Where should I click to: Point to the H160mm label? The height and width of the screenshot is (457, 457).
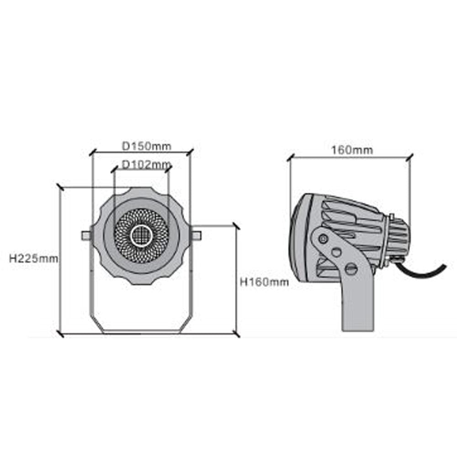pyautogui.click(x=264, y=282)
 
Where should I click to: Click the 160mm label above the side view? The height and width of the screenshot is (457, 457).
pyautogui.click(x=352, y=150)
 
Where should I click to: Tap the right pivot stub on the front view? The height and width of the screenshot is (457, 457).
pyautogui.click(x=196, y=235)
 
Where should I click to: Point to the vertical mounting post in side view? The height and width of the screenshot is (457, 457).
pyautogui.click(x=357, y=306)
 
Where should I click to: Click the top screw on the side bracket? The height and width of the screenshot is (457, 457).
pyautogui.click(x=323, y=238)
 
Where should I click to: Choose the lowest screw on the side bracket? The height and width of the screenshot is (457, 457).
pyautogui.click(x=351, y=269)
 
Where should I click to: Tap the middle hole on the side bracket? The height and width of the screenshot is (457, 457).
pyautogui.click(x=337, y=252)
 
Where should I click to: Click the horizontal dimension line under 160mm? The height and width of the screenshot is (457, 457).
pyautogui.click(x=350, y=158)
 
